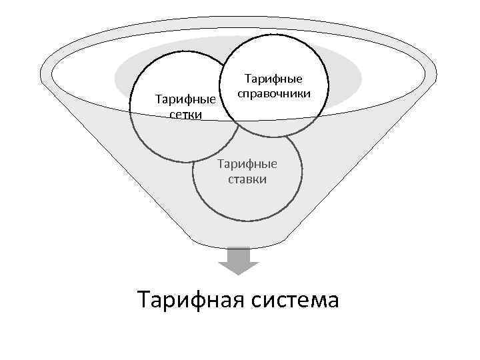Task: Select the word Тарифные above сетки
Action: (x=185, y=101)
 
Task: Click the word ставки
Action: (x=247, y=179)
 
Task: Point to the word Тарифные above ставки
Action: (x=247, y=164)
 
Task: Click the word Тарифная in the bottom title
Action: (x=191, y=299)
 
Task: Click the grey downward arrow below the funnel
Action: (x=239, y=260)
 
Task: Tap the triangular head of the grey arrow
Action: (x=239, y=268)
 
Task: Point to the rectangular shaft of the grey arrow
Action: (x=239, y=254)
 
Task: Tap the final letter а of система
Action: (x=331, y=301)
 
